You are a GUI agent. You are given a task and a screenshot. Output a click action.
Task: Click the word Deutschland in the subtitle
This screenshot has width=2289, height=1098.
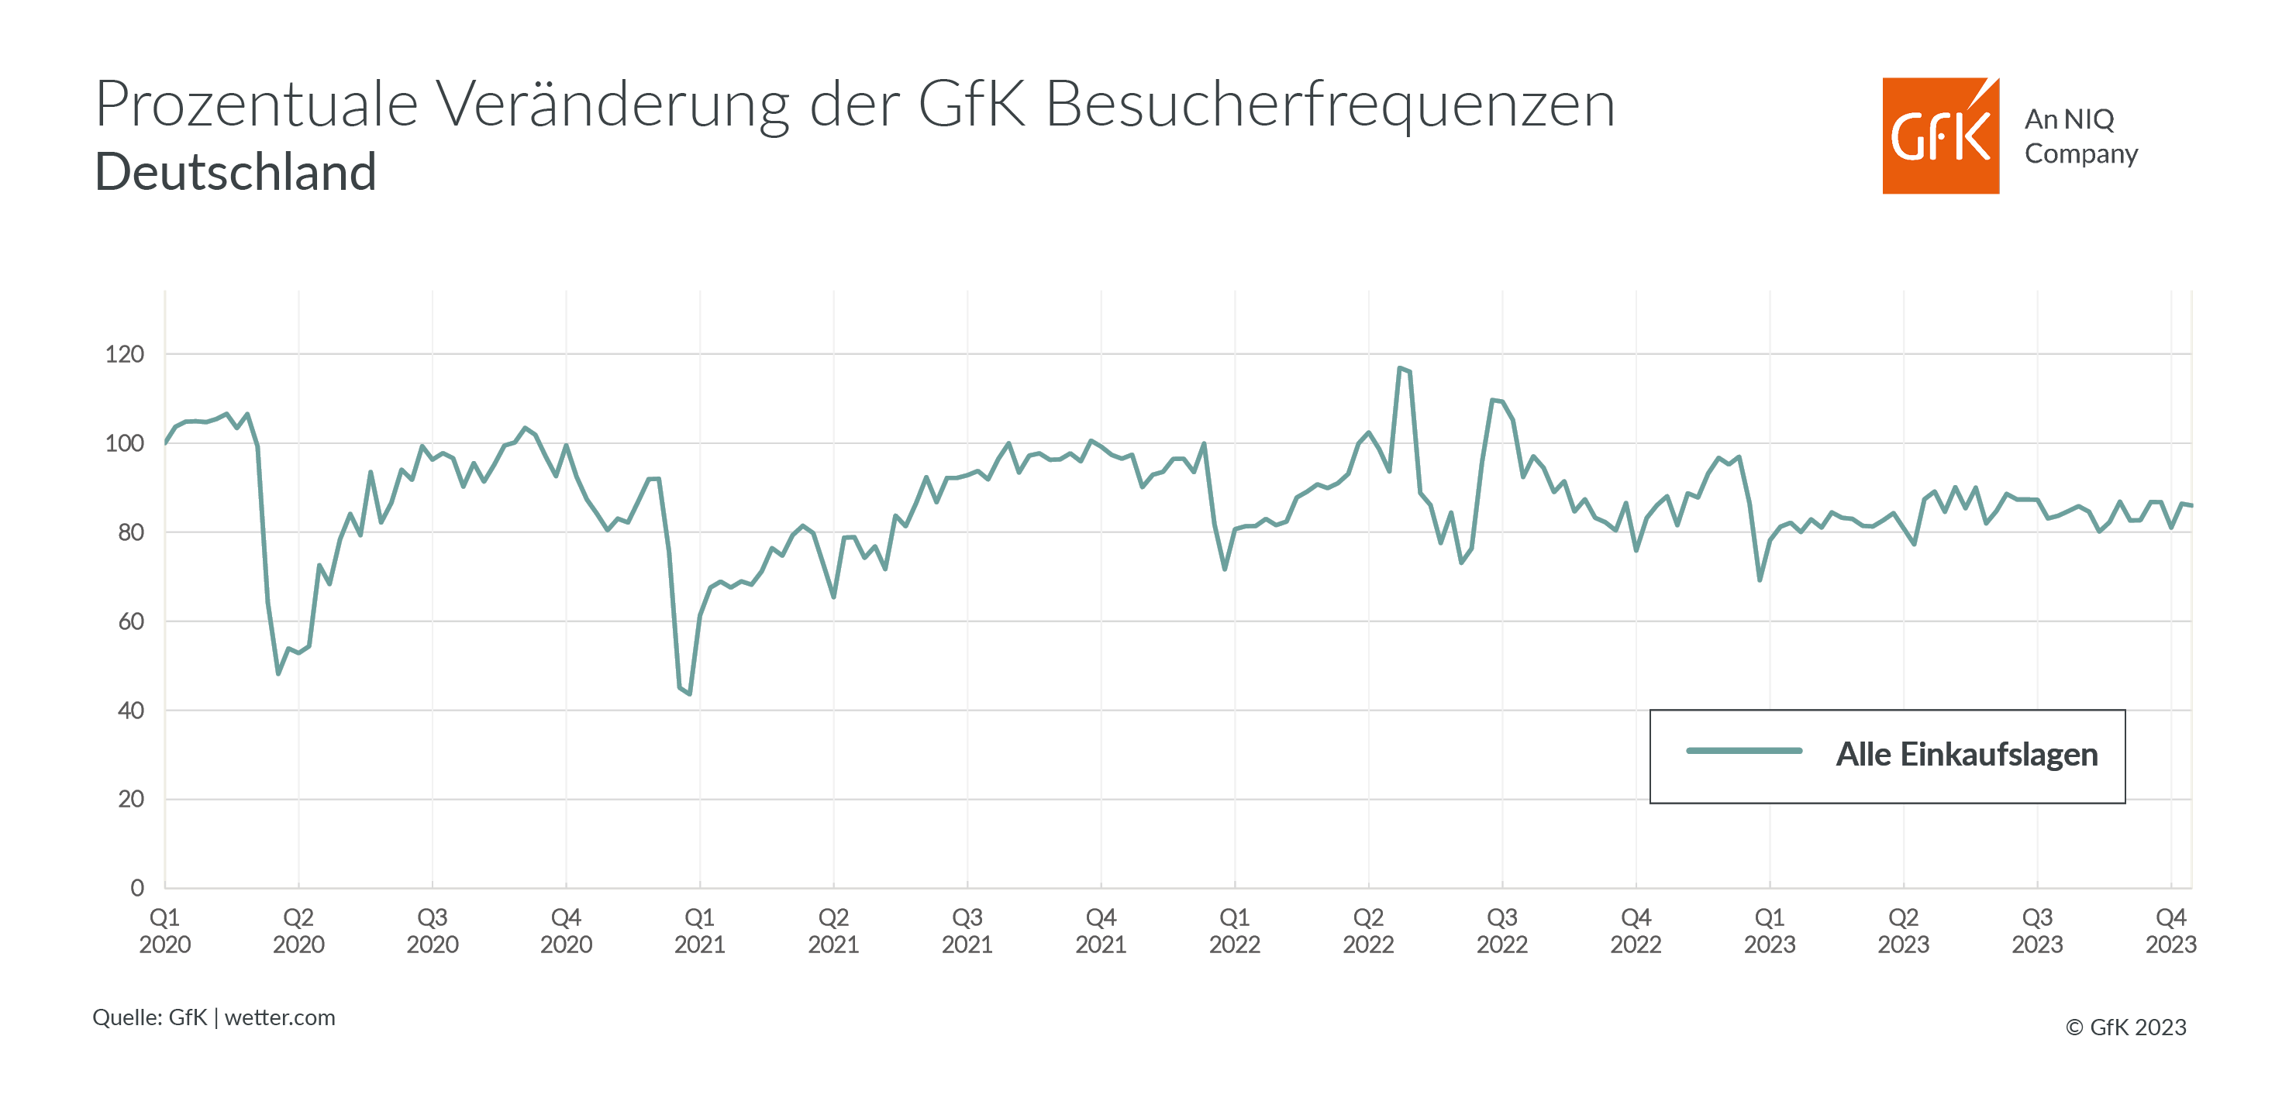236,171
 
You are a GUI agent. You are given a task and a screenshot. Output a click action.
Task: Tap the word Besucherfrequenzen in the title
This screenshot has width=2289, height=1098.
1329,105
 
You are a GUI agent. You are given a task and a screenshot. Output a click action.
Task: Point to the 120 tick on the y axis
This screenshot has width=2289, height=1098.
124,354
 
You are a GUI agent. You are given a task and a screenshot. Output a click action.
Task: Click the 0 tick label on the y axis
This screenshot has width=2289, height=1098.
137,887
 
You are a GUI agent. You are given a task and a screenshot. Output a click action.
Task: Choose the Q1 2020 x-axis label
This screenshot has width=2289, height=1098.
164,930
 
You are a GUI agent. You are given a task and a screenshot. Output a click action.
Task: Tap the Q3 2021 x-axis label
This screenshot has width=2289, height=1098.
967,930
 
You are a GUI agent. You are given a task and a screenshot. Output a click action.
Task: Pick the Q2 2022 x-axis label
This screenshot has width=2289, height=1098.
1367,930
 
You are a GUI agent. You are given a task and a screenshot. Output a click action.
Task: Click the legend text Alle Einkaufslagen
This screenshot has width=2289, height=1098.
1967,754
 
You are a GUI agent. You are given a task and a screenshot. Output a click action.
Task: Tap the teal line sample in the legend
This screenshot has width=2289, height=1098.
1743,752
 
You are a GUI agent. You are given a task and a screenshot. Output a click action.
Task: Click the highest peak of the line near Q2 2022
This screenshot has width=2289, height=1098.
1400,368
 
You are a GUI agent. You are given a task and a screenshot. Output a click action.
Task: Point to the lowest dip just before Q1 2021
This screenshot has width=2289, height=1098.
690,694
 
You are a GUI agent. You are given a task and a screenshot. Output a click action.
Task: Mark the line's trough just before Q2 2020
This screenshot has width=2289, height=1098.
278,673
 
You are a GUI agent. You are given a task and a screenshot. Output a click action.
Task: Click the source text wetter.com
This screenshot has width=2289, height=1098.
280,1017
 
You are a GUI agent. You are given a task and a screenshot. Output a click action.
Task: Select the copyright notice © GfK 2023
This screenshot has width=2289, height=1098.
2125,1027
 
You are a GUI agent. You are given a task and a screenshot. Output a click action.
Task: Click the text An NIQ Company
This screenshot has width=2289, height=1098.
2080,136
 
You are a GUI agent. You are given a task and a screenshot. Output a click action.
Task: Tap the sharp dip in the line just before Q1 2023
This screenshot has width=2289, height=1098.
1760,580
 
